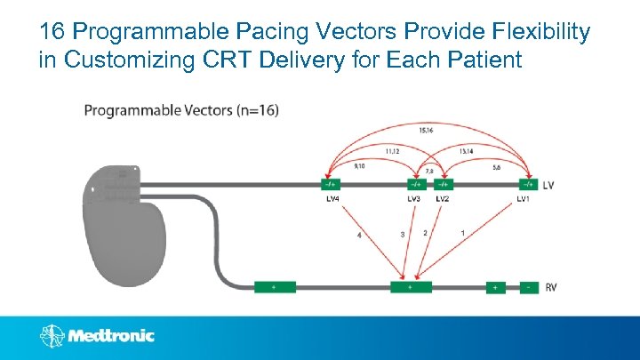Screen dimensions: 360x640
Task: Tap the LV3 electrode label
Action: pos(413,199)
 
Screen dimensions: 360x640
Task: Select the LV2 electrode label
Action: pos(442,199)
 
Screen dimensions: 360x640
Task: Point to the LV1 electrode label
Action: pos(525,199)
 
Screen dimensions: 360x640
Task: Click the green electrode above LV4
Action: pos(331,184)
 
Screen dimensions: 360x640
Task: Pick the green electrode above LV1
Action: pos(528,184)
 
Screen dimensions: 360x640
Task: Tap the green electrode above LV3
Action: pos(414,184)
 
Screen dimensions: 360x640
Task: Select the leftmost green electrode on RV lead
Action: pos(275,287)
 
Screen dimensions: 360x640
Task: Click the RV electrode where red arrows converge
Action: pos(411,287)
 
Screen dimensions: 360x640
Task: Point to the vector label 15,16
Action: pos(426,130)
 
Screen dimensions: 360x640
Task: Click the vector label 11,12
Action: pos(393,151)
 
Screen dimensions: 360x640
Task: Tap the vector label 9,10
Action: pos(359,164)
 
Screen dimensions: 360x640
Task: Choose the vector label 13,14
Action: pos(466,151)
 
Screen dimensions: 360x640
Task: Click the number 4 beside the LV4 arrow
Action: pos(359,236)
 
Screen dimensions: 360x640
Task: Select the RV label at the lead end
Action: pos(551,287)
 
